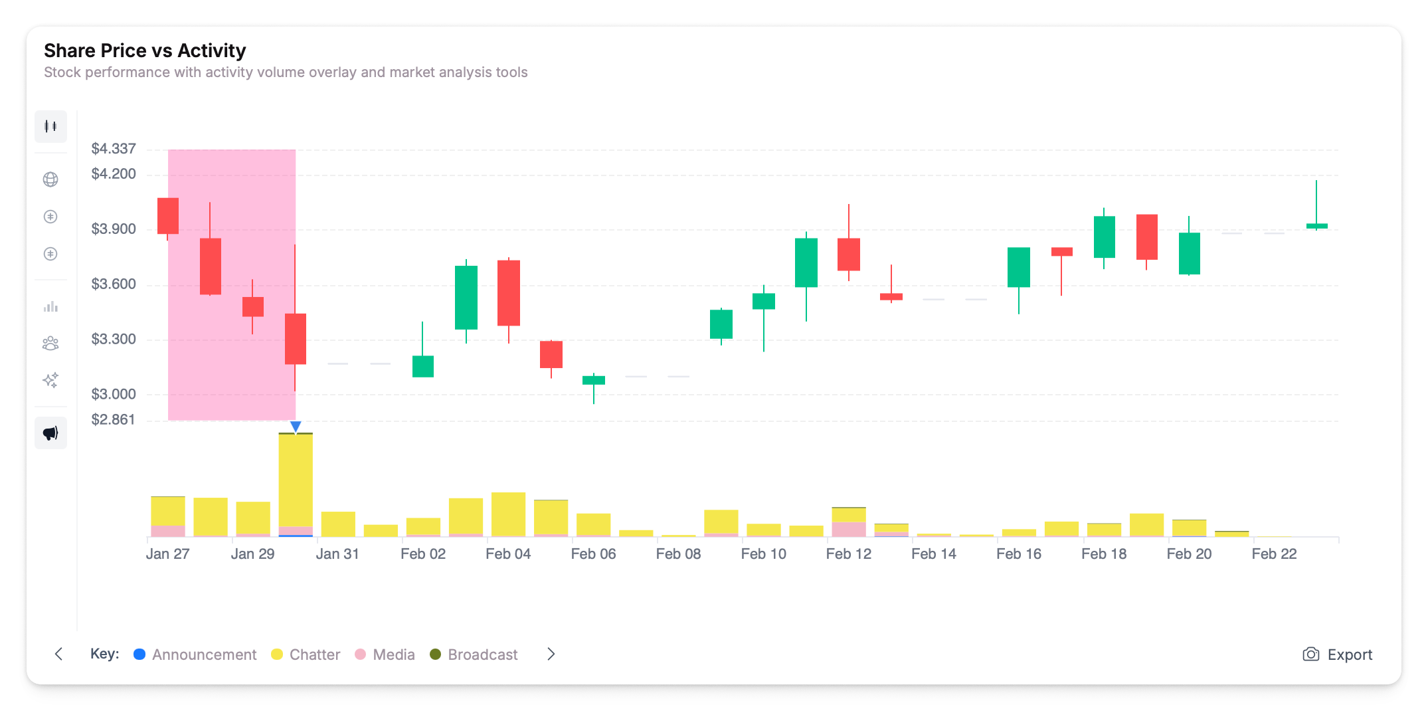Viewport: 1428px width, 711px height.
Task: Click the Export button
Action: point(1338,655)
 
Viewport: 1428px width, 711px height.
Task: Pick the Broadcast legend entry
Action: point(474,655)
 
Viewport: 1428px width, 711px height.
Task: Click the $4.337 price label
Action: point(114,149)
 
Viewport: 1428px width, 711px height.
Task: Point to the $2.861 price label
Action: point(114,420)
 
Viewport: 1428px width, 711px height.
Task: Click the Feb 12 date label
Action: point(848,554)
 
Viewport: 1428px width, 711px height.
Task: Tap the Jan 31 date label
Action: point(337,554)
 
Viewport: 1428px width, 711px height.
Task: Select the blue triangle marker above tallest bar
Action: point(296,426)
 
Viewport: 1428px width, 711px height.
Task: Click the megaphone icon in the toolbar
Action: point(50,433)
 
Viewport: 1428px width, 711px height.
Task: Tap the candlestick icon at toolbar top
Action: point(50,126)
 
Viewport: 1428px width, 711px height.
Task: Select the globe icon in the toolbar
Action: point(50,179)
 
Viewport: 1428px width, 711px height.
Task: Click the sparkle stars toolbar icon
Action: point(50,380)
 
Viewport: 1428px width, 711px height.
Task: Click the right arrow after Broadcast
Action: point(551,655)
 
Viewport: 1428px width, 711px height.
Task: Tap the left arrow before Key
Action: point(58,655)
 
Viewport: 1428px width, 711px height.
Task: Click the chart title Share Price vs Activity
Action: point(145,51)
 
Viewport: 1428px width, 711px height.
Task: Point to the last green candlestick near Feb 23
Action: point(1316,226)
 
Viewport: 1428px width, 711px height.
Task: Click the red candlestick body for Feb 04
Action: point(509,292)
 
